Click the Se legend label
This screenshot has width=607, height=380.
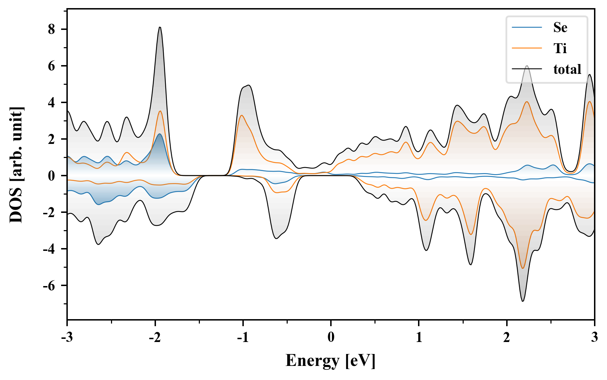(560, 27)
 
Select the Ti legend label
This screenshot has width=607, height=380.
(560, 48)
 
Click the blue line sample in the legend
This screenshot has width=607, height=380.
(527, 27)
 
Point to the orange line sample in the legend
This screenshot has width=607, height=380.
(527, 48)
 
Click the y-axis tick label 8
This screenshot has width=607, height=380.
(52, 29)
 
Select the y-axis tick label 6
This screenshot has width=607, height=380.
(52, 66)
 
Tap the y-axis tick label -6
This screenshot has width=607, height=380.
(50, 285)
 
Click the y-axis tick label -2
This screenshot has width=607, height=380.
(50, 212)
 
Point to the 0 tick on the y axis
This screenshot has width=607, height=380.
(52, 176)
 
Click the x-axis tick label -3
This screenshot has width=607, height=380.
(67, 337)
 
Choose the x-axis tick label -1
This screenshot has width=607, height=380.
(243, 337)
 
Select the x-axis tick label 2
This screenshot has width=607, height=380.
(507, 337)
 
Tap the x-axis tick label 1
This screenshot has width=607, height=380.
(419, 337)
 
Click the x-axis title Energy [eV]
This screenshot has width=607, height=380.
(331, 361)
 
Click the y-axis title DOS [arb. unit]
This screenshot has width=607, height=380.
(16, 165)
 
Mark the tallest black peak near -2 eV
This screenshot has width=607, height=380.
(160, 27)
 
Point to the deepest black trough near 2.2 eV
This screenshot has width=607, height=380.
(523, 301)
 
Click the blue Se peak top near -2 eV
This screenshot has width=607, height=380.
(160, 134)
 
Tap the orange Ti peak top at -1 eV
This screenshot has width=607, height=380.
(242, 115)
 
